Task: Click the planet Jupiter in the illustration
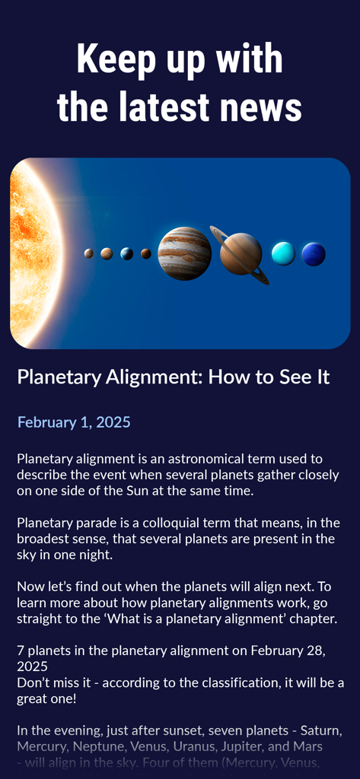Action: [x=184, y=253]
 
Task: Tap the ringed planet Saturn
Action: [x=241, y=254]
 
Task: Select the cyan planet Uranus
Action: [x=283, y=253]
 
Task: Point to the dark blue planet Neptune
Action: [x=314, y=254]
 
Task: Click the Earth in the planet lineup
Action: [x=127, y=253]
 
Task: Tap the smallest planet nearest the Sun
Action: [x=89, y=253]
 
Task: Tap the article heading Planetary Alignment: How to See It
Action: [x=174, y=377]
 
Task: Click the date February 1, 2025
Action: [x=74, y=422]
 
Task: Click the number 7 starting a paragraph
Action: [x=21, y=650]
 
